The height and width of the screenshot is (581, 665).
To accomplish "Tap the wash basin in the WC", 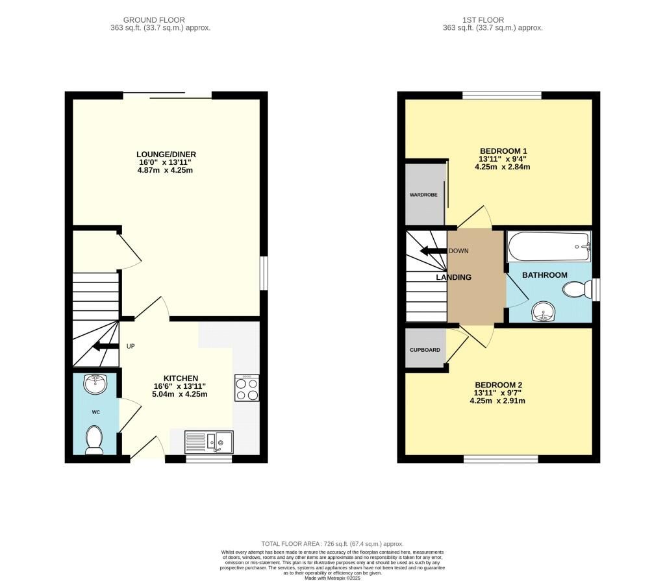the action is coord(95,384).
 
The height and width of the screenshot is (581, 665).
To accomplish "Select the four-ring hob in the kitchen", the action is coord(247,388).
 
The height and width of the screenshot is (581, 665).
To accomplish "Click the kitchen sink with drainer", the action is coord(209,441).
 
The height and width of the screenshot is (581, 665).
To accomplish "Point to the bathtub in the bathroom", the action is coord(549,247).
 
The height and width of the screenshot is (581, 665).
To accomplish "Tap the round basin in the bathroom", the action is coord(543,312).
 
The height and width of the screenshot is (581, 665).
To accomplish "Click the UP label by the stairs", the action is coord(131,346).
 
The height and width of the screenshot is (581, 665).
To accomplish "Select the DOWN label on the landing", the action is coord(458,251).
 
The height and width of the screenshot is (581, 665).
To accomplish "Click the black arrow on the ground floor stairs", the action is coord(106,346).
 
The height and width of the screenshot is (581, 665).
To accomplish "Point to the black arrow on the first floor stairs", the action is coord(433,251).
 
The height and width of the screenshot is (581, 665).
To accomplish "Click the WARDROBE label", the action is coord(423,195).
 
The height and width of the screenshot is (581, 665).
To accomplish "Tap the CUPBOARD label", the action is coord(425,350).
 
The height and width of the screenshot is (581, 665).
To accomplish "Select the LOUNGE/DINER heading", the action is coord(166,155).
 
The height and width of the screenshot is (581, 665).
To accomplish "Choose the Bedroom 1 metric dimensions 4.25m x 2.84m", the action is coord(502,167).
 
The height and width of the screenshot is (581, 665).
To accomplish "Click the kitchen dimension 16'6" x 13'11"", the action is coord(180,386).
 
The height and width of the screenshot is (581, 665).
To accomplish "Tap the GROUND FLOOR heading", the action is coord(154,20).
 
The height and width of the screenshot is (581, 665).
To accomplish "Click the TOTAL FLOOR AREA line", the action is coord(332,544).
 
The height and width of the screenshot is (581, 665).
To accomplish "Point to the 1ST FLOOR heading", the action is coord(483,20).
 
